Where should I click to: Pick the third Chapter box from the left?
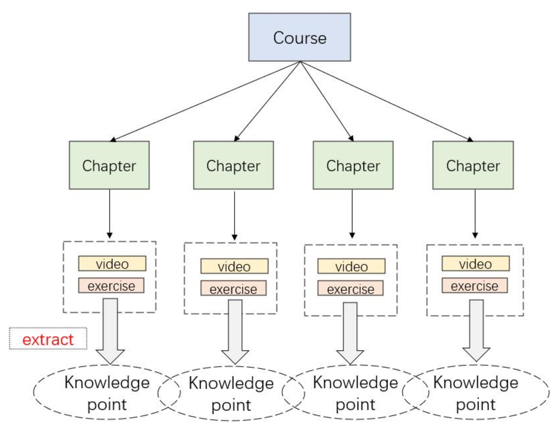coord(353,165)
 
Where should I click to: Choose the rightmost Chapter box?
coord(473,165)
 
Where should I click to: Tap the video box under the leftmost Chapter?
coord(112,263)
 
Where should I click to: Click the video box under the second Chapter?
coord(234,266)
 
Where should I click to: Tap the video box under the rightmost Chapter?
coord(475,263)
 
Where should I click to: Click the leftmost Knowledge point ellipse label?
coord(107,393)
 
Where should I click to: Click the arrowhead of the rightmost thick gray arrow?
coord(476,354)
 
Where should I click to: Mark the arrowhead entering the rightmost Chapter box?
coord(470,139)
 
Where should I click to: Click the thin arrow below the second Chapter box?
coord(234,215)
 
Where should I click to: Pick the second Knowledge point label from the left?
coord(231,394)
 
